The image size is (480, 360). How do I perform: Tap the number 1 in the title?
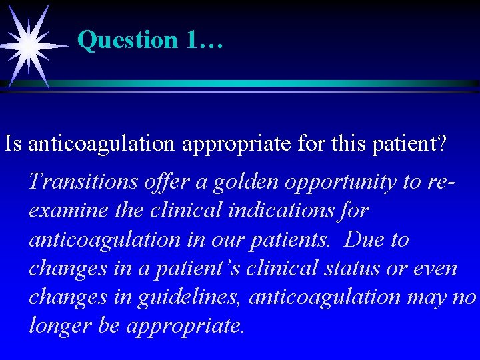click(x=193, y=41)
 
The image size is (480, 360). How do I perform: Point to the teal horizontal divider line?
click(x=267, y=83)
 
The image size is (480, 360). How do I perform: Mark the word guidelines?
click(x=189, y=297)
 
